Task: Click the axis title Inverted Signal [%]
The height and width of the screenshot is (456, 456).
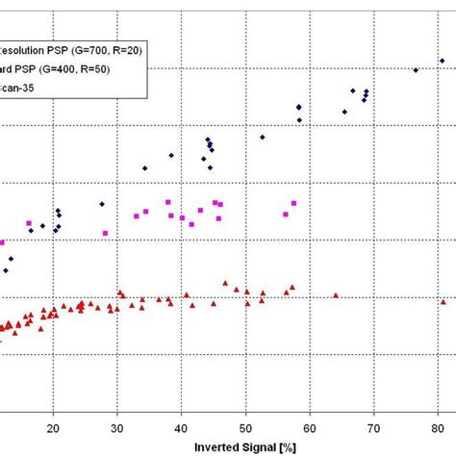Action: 244,447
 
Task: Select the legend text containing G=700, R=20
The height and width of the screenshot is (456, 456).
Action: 72,50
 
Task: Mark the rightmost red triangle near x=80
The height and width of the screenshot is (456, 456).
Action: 443,301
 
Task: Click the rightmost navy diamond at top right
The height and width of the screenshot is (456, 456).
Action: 442,61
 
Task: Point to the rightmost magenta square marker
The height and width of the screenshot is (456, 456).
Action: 293,203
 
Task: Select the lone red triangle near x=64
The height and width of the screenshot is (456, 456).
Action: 335,295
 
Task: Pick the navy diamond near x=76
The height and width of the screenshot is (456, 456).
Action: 416,70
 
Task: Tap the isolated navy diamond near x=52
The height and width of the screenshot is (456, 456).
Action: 263,137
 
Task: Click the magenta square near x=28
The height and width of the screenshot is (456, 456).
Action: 105,233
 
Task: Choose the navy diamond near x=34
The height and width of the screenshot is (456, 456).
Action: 144,168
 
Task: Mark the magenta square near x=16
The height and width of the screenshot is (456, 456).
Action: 29,223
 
